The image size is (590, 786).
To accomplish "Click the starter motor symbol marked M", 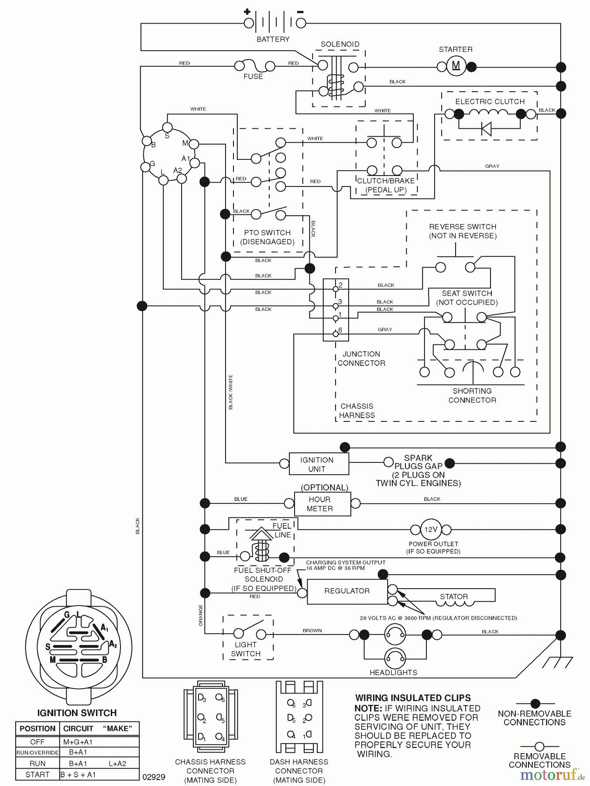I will point(456,66).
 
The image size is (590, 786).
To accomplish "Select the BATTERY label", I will point(273,39).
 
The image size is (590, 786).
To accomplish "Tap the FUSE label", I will point(253,76).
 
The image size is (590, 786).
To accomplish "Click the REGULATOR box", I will point(347,591).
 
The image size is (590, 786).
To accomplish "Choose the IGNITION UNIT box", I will point(319,464).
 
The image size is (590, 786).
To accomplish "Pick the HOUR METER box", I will point(322,504).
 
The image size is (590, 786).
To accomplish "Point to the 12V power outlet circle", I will point(431,530).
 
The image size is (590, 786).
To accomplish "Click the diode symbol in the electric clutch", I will point(486,129).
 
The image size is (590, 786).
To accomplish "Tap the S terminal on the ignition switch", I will point(167,127).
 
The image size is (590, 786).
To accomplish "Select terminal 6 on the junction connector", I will point(336,334).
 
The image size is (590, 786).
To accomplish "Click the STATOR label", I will point(453,596).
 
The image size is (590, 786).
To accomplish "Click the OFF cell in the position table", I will point(38,742).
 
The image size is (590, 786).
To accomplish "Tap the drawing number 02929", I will point(154,777).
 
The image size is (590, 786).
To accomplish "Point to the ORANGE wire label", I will point(201,615).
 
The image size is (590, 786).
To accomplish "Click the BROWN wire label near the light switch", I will point(312,631).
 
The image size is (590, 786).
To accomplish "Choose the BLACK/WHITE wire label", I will point(230,392).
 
